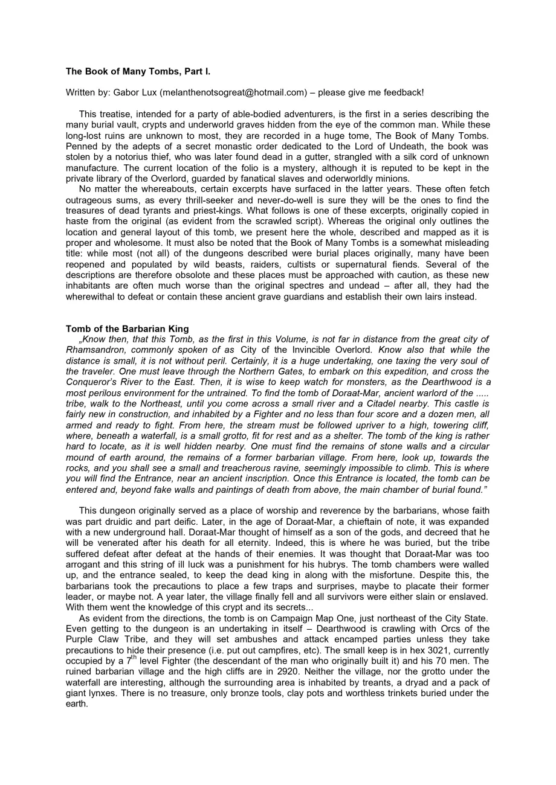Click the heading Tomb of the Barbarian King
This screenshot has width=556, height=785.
(x=127, y=329)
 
